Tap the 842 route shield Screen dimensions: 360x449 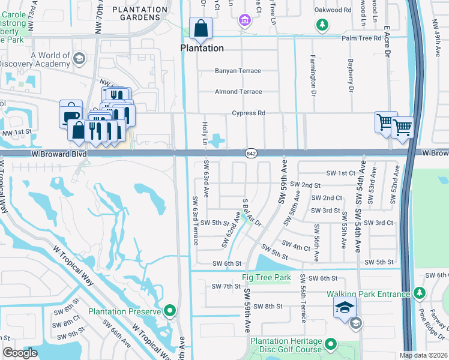click(x=252, y=154)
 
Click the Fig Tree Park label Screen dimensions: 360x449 click(x=266, y=278)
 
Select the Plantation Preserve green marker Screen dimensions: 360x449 click(x=170, y=311)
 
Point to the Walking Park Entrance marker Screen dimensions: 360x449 click(x=418, y=294)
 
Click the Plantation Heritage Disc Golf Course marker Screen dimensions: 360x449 click(x=331, y=345)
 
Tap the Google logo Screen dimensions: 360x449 click(x=20, y=353)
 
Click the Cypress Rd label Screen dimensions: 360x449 click(x=249, y=113)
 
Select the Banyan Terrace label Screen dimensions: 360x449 click(x=238, y=71)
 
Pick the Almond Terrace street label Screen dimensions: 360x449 click(x=238, y=92)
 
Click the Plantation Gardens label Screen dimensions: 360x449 click(x=140, y=13)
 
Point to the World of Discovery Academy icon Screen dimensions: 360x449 click(x=79, y=58)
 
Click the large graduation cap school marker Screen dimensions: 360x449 click(x=345, y=308)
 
